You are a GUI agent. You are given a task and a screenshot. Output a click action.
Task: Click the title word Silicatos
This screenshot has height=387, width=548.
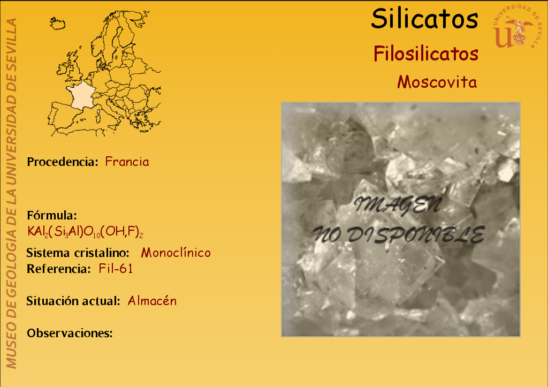424,19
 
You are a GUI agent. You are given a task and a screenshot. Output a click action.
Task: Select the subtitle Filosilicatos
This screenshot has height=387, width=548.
425,54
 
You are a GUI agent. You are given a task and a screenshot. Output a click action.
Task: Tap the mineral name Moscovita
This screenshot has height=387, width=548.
437,82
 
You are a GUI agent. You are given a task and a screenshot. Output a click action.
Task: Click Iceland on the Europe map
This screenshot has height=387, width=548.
58,24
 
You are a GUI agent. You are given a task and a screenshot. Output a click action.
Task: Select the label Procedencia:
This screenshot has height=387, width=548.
63,162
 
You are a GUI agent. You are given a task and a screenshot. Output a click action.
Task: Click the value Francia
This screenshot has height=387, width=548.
127,162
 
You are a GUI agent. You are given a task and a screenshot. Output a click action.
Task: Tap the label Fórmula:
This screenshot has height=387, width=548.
52,215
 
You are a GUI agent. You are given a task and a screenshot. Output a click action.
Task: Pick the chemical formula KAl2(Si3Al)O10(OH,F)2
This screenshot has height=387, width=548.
85,231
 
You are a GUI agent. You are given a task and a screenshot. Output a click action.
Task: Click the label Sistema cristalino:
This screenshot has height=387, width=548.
78,253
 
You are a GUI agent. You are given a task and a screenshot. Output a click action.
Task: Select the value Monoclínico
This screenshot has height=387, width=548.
176,253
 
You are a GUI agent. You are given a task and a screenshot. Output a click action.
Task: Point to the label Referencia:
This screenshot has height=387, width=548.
59,269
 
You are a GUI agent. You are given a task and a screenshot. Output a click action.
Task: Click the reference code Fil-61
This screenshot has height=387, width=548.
116,269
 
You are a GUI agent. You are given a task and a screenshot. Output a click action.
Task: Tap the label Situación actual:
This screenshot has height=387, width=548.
73,301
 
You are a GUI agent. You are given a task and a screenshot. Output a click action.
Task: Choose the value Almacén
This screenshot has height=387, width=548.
152,301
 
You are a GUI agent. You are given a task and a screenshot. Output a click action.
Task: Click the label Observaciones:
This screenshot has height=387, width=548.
70,333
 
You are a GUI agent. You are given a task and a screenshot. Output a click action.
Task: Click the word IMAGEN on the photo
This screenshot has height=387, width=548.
398,205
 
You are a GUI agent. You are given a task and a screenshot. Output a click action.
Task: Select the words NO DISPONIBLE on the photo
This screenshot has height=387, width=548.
398,234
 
